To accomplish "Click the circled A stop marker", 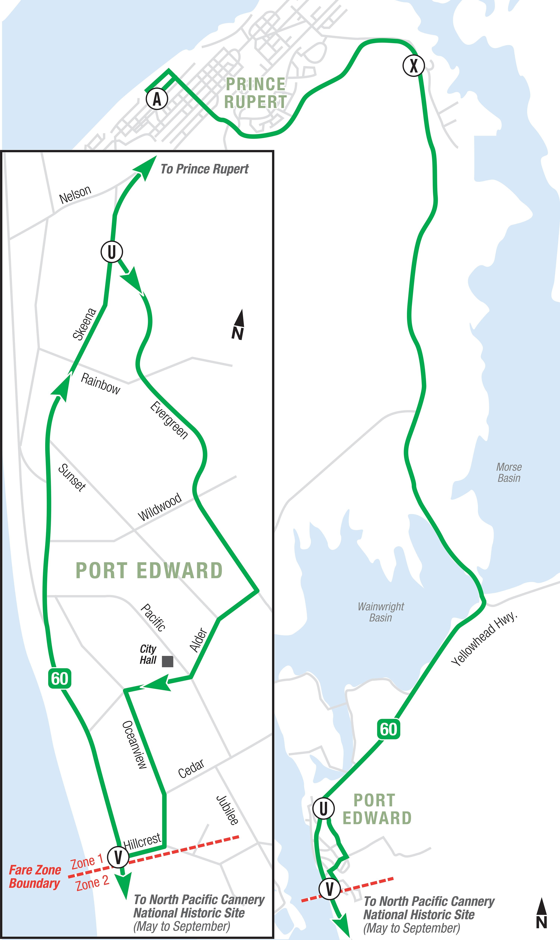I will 157,99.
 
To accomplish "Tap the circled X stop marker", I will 414,66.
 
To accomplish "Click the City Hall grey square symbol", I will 168,661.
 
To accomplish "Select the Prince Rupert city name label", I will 256,93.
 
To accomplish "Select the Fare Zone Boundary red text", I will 35,876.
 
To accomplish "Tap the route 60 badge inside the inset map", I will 60,678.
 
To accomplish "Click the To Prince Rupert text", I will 204,169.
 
